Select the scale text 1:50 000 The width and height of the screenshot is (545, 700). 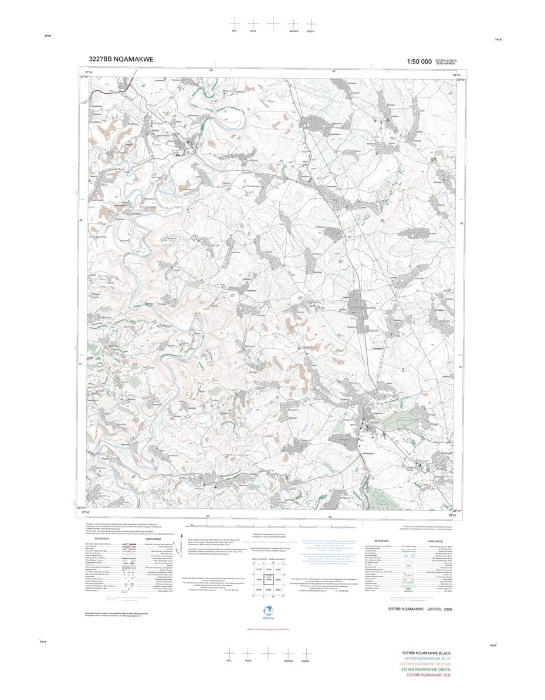419,62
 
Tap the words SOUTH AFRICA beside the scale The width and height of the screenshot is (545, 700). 446,60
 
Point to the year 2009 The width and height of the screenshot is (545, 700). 448,610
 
